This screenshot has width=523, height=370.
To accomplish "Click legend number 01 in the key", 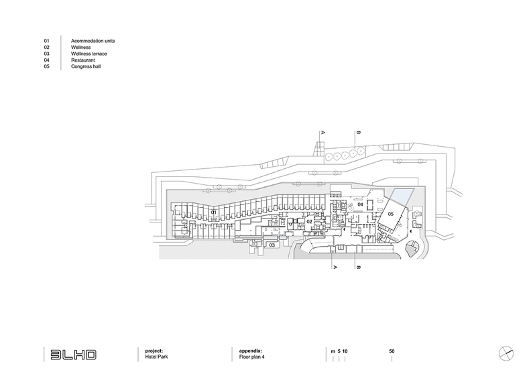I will click(47, 42).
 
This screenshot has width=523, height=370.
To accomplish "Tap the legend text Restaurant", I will click(82, 61).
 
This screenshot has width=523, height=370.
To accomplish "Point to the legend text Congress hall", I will click(85, 68).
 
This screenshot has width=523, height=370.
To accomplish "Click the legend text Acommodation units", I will click(93, 42).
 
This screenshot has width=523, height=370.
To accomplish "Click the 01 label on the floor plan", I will click(213, 212).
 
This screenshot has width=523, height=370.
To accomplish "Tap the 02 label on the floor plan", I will click(310, 221).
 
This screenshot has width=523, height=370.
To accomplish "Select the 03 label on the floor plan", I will click(272, 245).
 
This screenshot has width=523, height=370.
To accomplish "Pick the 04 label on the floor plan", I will click(360, 205).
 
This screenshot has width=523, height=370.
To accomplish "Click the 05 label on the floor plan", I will click(390, 213).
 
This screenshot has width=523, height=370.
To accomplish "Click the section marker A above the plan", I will click(323, 133).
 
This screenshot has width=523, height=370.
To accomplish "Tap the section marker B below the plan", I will click(359, 267).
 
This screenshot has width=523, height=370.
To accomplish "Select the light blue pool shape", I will click(402, 198).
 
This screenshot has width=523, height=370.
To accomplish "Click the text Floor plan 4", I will click(253, 358).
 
